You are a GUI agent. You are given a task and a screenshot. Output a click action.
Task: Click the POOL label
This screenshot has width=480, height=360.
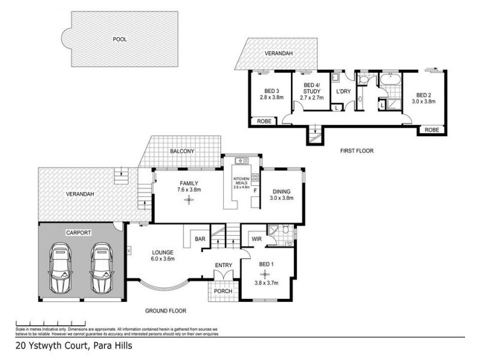[120, 39]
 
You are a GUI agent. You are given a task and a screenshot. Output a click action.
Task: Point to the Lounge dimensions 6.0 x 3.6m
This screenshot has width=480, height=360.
[163, 260]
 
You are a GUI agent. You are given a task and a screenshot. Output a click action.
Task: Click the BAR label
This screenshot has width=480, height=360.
[200, 239]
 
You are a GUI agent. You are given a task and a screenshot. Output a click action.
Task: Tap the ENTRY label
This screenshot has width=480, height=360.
[224, 265]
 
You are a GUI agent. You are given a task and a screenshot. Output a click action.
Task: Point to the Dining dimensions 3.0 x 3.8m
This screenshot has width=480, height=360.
[281, 197]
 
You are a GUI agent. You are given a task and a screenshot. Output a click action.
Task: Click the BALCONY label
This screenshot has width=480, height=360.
[182, 151]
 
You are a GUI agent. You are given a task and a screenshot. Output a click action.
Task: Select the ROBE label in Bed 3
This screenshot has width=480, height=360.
[264, 121]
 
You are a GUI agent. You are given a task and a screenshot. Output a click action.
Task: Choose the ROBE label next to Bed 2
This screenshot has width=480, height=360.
[431, 130]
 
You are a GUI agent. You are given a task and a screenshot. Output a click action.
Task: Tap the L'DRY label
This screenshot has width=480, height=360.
[343, 91]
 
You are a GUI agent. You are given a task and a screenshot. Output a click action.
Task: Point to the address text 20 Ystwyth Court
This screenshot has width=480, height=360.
[73, 346]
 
